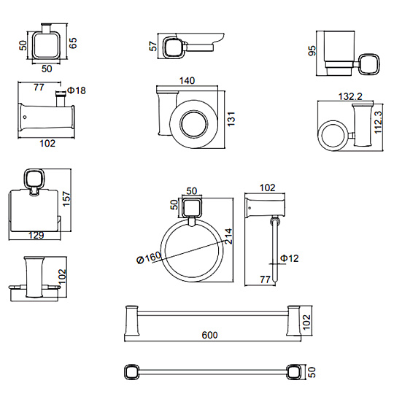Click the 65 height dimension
coord(73,43)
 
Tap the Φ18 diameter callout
coord(77,90)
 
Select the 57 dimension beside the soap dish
coord(153,46)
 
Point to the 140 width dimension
coord(187,81)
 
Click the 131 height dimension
coord(231,119)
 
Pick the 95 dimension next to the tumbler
coord(312,51)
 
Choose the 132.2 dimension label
coord(350,96)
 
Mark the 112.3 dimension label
coord(378,123)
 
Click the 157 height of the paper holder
coord(66,198)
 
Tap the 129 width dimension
coord(36,236)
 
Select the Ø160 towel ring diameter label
coord(149,258)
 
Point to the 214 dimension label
coord(228,236)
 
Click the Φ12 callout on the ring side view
coord(289,258)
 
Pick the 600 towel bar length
coord(209,335)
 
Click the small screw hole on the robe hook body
coord(24,117)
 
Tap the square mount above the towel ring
coord(193,208)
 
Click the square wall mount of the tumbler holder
coord(369,63)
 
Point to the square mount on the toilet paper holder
coord(34,179)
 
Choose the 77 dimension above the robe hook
coord(39,88)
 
